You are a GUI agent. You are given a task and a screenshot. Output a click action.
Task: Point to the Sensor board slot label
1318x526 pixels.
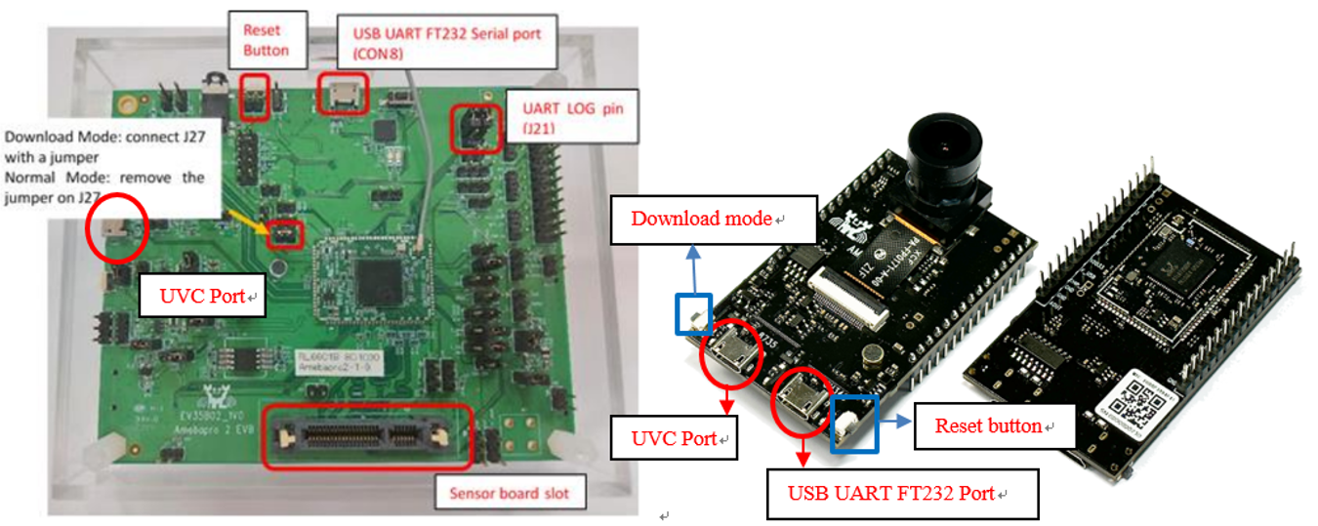(x=510, y=493)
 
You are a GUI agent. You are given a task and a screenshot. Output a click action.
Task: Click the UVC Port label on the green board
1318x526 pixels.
(x=201, y=296)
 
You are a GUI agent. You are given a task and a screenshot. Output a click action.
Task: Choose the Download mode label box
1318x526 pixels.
(x=712, y=218)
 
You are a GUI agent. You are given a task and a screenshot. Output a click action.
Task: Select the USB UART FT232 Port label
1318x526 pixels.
(x=900, y=494)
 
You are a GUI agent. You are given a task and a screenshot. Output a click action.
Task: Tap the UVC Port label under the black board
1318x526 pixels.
(x=673, y=438)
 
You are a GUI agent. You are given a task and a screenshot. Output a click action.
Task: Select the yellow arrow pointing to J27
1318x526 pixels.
(x=250, y=223)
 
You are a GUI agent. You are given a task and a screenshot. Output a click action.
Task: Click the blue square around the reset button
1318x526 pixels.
(x=854, y=424)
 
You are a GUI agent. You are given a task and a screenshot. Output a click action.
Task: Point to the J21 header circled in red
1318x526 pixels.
(x=475, y=129)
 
